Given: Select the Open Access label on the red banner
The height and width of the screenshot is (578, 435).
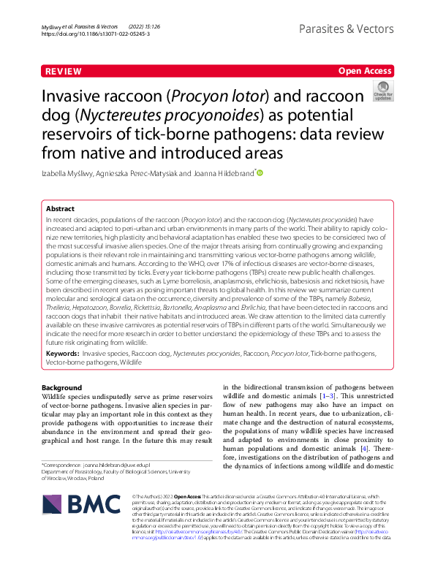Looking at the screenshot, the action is coord(365,71).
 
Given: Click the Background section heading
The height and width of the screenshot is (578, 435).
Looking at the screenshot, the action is coord(62,387).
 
